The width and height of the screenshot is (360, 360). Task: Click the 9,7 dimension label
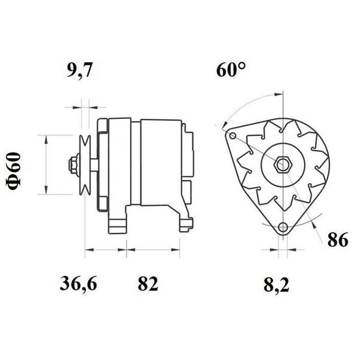pos(79,70)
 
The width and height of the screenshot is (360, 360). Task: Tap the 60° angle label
pos(231,69)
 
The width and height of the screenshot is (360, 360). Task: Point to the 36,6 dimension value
pos(78,284)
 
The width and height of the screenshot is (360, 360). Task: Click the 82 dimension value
pos(148,284)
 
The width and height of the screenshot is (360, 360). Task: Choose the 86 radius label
pos(337,239)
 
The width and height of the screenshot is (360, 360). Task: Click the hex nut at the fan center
pos(283,164)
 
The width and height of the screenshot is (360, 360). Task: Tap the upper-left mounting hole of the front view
pos(233,136)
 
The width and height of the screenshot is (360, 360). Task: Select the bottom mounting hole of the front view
pos(283,227)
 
